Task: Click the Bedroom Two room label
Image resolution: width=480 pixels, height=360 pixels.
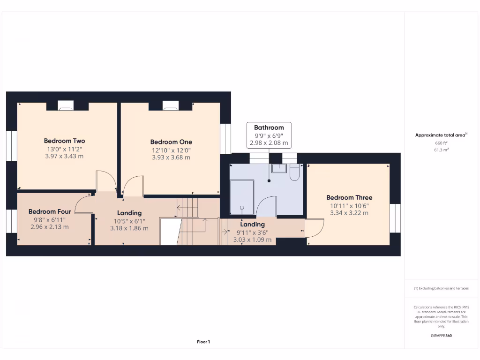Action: pyautogui.click(x=64, y=141)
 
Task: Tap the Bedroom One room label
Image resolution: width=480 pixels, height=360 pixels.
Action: pyautogui.click(x=171, y=142)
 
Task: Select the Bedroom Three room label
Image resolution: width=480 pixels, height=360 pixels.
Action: pyautogui.click(x=349, y=198)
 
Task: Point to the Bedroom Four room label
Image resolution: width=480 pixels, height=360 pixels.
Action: pyautogui.click(x=50, y=211)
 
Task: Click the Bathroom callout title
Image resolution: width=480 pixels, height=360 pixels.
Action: pyautogui.click(x=269, y=127)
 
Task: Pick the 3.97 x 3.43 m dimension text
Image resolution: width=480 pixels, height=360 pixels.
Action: pyautogui.click(x=64, y=156)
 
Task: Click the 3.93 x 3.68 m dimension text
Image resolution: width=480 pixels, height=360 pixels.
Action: pyautogui.click(x=171, y=157)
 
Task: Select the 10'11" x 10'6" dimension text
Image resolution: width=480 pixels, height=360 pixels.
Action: pyautogui.click(x=349, y=205)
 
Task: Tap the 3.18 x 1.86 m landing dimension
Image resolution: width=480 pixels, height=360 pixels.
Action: pyautogui.click(x=129, y=228)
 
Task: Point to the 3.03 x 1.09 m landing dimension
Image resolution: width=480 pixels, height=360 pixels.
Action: pyautogui.click(x=252, y=240)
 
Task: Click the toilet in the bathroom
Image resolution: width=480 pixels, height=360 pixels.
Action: pyautogui.click(x=294, y=172)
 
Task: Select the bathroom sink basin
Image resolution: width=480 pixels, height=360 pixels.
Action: pyautogui.click(x=279, y=168)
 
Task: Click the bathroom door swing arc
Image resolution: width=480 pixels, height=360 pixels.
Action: pyautogui.click(x=266, y=206)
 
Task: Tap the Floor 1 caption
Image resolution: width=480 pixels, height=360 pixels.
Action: pyautogui.click(x=203, y=342)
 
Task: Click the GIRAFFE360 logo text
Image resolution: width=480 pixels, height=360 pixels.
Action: pyautogui.click(x=441, y=336)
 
